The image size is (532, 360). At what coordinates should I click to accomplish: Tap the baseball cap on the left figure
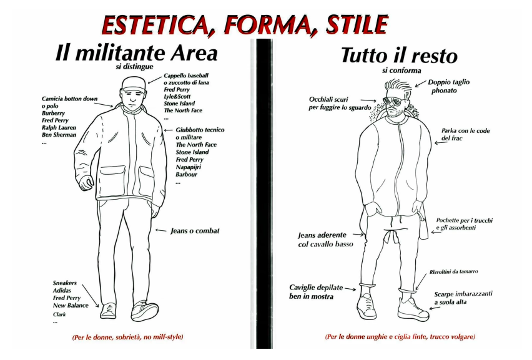[133, 84]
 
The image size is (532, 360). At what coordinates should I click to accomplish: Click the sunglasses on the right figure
[393, 101]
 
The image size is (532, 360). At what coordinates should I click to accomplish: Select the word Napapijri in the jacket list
[189, 167]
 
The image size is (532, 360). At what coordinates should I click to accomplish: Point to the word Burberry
[53, 113]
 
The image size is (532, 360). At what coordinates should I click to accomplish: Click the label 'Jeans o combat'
[195, 231]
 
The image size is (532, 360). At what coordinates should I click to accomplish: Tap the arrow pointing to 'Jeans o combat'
[161, 230]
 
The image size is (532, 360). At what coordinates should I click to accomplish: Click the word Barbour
[186, 175]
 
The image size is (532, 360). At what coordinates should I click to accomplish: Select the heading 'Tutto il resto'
[400, 56]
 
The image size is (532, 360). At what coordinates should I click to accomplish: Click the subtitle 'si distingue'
[134, 67]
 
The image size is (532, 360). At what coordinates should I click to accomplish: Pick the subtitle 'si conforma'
[401, 71]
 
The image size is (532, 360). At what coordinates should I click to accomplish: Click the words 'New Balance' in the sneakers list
[71, 306]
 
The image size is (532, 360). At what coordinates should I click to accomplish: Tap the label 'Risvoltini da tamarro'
[453, 272]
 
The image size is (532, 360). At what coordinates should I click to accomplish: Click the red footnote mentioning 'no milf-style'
[127, 337]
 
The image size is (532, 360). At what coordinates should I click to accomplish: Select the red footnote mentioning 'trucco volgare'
[400, 337]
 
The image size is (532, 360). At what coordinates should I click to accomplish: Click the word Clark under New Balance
[59, 314]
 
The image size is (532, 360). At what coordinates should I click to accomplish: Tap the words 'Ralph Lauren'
[59, 128]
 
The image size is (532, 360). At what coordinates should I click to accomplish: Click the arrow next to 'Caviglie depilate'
[350, 289]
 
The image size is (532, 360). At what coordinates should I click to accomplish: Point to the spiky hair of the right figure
[398, 86]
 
